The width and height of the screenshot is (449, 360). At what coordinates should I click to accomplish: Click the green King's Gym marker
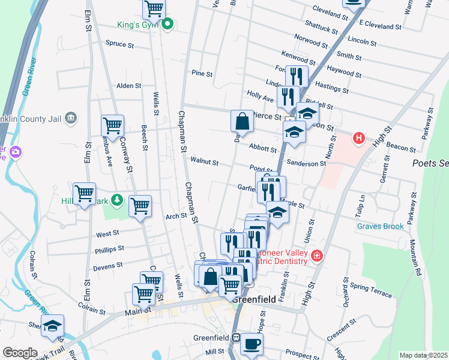[x=168, y=25]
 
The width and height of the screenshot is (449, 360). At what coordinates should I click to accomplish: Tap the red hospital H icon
[x=359, y=138]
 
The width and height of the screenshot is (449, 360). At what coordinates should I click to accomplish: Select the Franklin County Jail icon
[x=71, y=116]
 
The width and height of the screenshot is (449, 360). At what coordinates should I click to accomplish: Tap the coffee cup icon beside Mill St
[x=252, y=344]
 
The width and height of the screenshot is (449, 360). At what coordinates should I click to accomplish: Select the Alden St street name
[x=128, y=86]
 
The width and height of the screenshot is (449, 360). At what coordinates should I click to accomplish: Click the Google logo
[x=20, y=353]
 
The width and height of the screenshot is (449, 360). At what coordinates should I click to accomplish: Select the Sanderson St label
[x=306, y=163]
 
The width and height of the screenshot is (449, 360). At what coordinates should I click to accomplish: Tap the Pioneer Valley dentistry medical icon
[x=316, y=256]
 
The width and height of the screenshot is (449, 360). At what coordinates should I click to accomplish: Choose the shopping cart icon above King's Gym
[x=154, y=8]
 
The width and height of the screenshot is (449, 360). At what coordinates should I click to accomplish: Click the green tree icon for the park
[x=119, y=200]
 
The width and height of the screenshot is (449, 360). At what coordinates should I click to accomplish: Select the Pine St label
[x=202, y=73]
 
